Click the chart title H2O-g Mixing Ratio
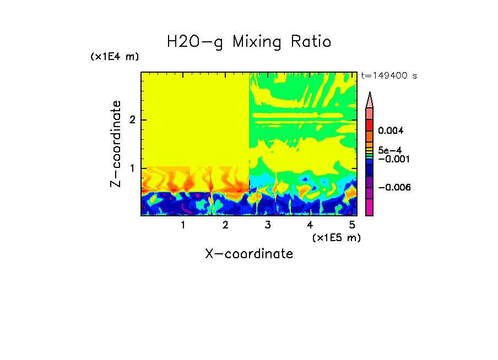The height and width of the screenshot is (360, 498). [249, 42]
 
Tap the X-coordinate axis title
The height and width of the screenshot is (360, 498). [249, 254]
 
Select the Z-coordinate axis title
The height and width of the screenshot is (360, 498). [116, 144]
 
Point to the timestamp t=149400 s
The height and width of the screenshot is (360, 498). [388, 76]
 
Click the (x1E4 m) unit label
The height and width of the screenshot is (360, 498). [115, 57]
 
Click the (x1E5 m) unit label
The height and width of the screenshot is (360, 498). [336, 237]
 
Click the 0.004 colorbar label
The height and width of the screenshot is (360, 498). [391, 131]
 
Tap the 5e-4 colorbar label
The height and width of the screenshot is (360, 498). [389, 150]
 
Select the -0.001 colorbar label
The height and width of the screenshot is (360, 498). [392, 159]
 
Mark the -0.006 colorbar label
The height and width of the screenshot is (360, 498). [392, 188]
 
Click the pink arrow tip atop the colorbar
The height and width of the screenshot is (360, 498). [370, 100]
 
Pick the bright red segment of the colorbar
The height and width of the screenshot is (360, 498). [370, 125]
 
